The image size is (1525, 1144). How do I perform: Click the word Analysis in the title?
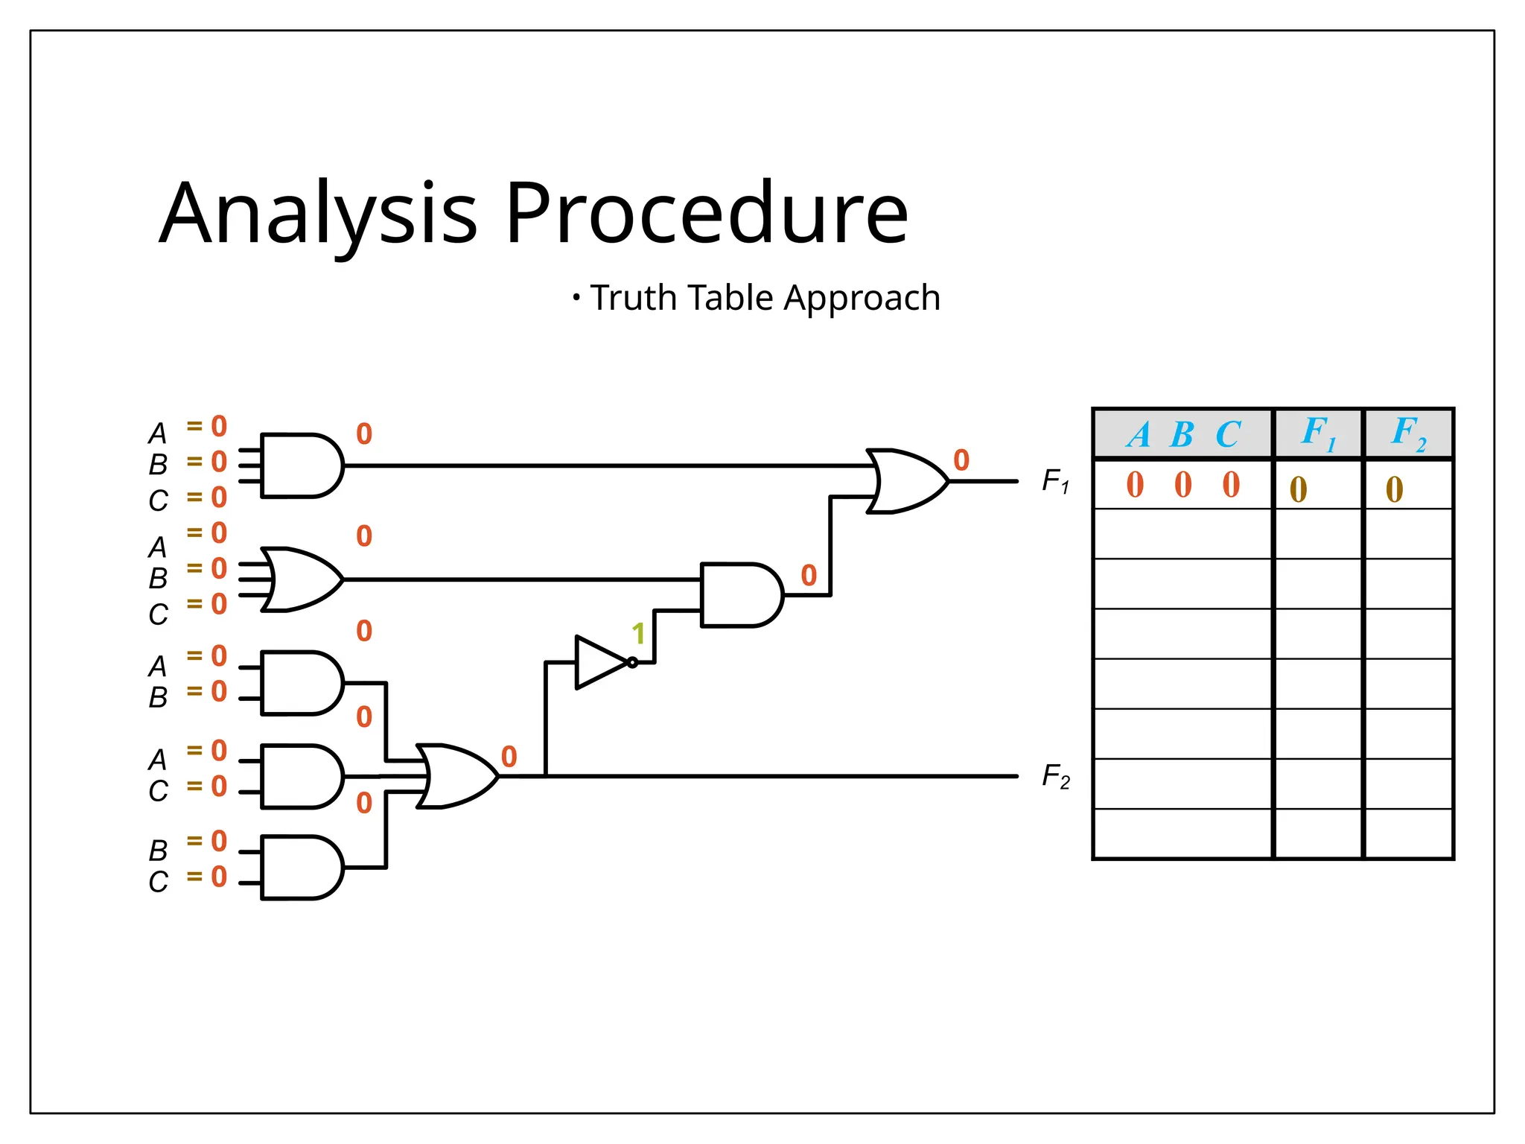click(x=318, y=213)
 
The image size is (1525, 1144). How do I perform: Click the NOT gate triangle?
click(x=600, y=662)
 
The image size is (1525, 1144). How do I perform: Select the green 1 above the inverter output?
click(x=638, y=634)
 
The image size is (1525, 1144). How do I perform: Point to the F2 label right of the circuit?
click(x=1055, y=777)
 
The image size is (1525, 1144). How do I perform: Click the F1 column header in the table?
click(x=1318, y=433)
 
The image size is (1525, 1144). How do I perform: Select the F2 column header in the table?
click(x=1408, y=433)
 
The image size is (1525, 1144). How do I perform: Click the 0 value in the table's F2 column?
click(x=1394, y=489)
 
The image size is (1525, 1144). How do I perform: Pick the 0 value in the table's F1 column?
click(x=1298, y=489)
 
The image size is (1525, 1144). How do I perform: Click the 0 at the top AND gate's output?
click(x=363, y=434)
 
